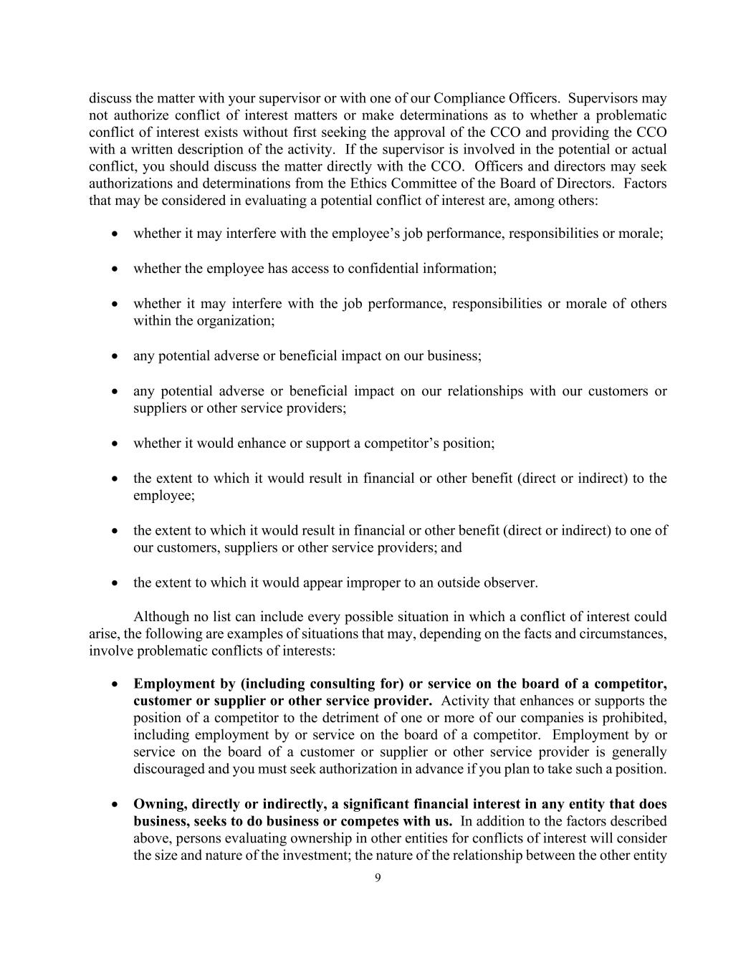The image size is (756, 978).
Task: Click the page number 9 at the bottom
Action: pos(378,878)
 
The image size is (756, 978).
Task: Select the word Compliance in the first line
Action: pos(465,98)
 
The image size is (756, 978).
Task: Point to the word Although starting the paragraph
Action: pos(160,617)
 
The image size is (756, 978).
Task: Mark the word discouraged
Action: pos(168,770)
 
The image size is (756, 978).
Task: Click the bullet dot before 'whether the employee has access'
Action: pos(115,269)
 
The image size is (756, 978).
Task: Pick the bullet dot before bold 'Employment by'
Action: pos(115,684)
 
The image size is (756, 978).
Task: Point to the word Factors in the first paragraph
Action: pos(645,183)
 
